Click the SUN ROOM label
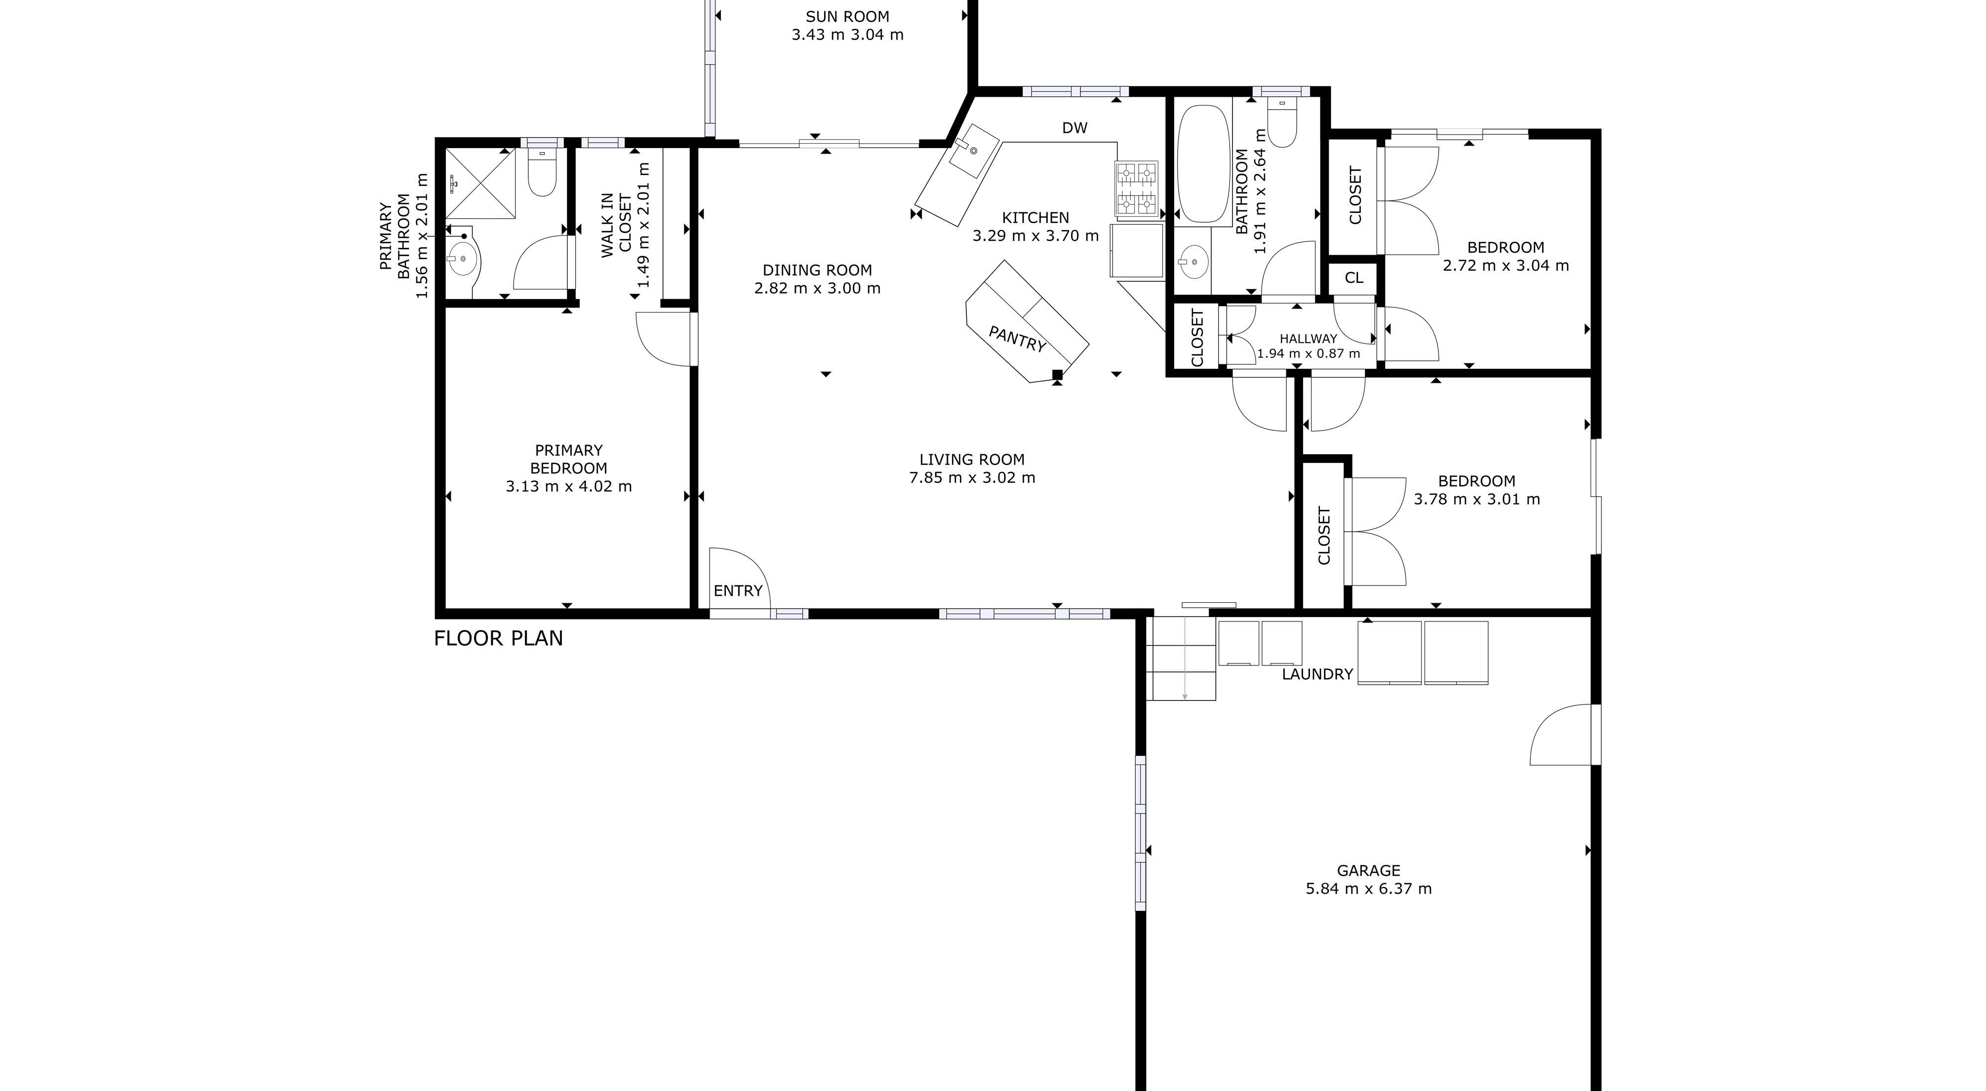point(847,16)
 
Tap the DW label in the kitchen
point(1075,128)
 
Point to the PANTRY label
point(1017,339)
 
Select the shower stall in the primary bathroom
point(480,184)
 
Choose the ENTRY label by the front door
point(738,590)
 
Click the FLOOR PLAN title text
point(498,638)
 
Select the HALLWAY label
point(1309,339)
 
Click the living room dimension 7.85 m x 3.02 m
point(972,478)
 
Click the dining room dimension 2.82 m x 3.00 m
point(817,288)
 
